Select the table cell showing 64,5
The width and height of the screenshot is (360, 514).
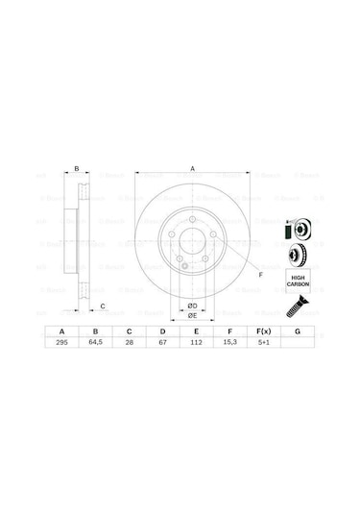coord(96,342)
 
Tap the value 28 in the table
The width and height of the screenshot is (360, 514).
coord(129,342)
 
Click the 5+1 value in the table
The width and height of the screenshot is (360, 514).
coord(263,342)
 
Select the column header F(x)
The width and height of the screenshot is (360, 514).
coord(263,330)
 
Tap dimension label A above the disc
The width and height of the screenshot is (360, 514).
coord(193,168)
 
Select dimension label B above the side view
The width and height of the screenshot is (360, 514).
coord(76,168)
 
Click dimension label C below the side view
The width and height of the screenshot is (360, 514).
coord(102,306)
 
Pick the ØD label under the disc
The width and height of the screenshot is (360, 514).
coord(192,306)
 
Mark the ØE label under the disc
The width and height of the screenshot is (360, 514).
coord(192,316)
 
